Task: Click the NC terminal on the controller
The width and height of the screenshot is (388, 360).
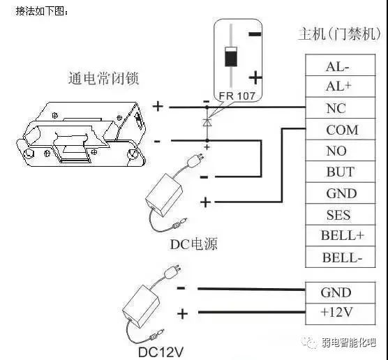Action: [341, 108]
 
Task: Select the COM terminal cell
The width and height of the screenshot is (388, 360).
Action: [341, 129]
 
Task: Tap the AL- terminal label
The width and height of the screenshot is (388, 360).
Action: [337, 66]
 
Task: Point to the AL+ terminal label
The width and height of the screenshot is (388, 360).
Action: [338, 86]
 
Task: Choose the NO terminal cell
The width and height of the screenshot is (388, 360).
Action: [341, 151]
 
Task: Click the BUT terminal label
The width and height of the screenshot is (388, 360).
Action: [341, 172]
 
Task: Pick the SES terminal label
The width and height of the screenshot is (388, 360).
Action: [338, 215]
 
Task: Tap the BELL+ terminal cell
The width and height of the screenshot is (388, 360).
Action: [341, 236]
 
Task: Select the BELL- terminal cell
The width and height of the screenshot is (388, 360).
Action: [341, 257]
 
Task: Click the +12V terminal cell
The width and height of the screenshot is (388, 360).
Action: [341, 314]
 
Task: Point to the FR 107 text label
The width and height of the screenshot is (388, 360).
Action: [237, 96]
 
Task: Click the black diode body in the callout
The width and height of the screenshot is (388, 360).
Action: [231, 57]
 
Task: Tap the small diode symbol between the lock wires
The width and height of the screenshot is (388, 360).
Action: [207, 123]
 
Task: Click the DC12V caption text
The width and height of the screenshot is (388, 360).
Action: [161, 352]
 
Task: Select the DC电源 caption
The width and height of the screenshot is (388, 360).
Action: [194, 244]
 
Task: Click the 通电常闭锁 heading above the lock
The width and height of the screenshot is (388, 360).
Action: [103, 78]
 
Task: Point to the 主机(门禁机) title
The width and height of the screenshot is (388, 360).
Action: [339, 33]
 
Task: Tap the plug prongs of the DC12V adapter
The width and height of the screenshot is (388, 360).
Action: [177, 269]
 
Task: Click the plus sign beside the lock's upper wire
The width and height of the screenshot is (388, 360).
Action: [158, 107]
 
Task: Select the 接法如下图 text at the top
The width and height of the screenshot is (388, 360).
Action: [42, 11]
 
